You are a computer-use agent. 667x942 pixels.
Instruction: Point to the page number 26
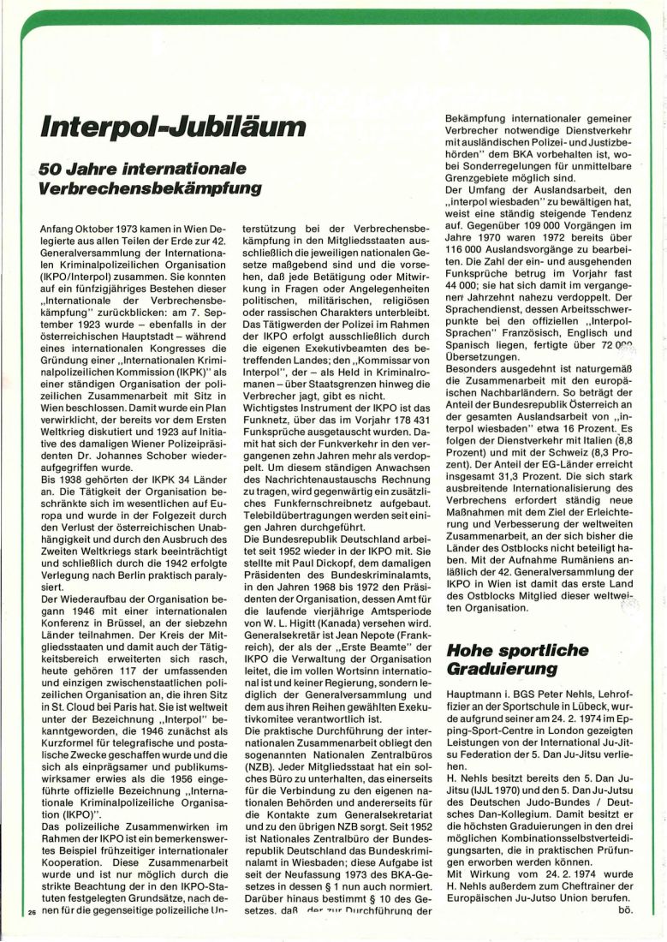tap(31, 914)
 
